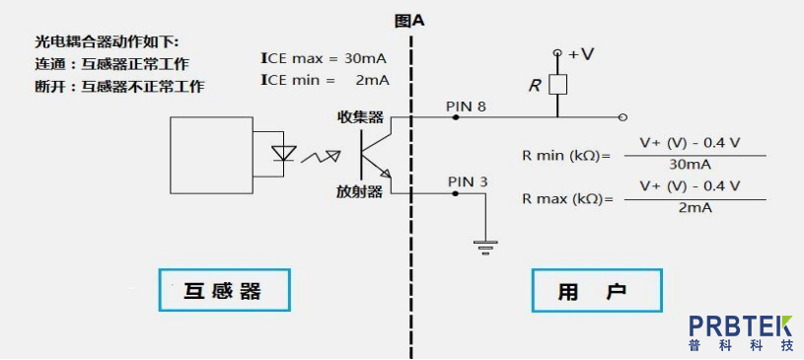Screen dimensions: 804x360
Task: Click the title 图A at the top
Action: pyautogui.click(x=409, y=21)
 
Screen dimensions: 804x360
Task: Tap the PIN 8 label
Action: pyautogui.click(x=466, y=107)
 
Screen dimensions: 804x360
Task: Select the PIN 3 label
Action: pyautogui.click(x=469, y=181)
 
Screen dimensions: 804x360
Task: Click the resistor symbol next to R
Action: pyautogui.click(x=557, y=85)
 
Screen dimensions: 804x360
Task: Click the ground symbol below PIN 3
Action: pyautogui.click(x=484, y=248)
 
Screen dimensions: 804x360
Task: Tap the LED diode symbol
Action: pyautogui.click(x=284, y=153)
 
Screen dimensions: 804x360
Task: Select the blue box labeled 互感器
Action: pyautogui.click(x=224, y=290)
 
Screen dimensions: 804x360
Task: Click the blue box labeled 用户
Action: pyautogui.click(x=596, y=290)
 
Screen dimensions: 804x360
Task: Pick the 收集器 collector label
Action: pyautogui.click(x=360, y=117)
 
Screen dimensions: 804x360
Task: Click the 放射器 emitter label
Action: pyautogui.click(x=360, y=191)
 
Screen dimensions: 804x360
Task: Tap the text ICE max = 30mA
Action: pyautogui.click(x=324, y=58)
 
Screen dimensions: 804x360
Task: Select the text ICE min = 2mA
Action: pyautogui.click(x=325, y=80)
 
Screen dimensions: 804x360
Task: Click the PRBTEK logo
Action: pyautogui.click(x=741, y=333)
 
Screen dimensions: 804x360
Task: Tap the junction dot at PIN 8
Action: pyautogui.click(x=456, y=117)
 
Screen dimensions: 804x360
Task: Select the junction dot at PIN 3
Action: pyautogui.click(x=455, y=194)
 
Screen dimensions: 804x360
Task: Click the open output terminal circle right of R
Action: pyautogui.click(x=622, y=117)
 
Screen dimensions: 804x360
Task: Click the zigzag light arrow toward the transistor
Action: pyautogui.click(x=321, y=157)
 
